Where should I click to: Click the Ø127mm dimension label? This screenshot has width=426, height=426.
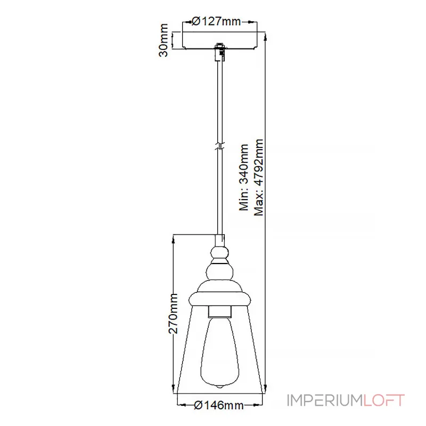point(216,21)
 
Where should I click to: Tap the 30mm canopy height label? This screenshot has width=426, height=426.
point(163,40)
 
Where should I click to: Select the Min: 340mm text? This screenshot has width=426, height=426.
point(244,177)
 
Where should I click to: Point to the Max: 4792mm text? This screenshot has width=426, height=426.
point(259,177)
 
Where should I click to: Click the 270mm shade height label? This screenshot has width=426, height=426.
point(173,314)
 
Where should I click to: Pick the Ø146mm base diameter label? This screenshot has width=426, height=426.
point(219,405)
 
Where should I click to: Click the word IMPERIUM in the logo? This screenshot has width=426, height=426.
point(325,400)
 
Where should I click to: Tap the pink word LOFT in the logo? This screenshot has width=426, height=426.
point(383,400)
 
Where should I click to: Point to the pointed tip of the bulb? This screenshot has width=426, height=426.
point(219,388)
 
